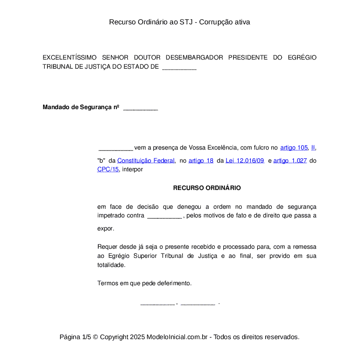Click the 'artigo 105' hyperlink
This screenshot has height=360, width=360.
294,148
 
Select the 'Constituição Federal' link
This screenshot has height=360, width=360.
146,161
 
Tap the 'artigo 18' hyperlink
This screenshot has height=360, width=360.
201,161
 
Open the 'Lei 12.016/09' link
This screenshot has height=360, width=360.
245,161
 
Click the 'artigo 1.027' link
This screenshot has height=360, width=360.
290,161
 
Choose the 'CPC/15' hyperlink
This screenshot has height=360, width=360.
108,170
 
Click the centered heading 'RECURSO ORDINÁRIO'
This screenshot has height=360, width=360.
207,188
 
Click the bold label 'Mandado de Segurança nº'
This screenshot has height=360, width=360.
81,107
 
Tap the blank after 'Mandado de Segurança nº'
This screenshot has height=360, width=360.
140,108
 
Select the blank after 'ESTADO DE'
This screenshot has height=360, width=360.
179,68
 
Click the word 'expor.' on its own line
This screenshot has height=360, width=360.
106,228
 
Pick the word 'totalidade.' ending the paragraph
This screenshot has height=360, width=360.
111,265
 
